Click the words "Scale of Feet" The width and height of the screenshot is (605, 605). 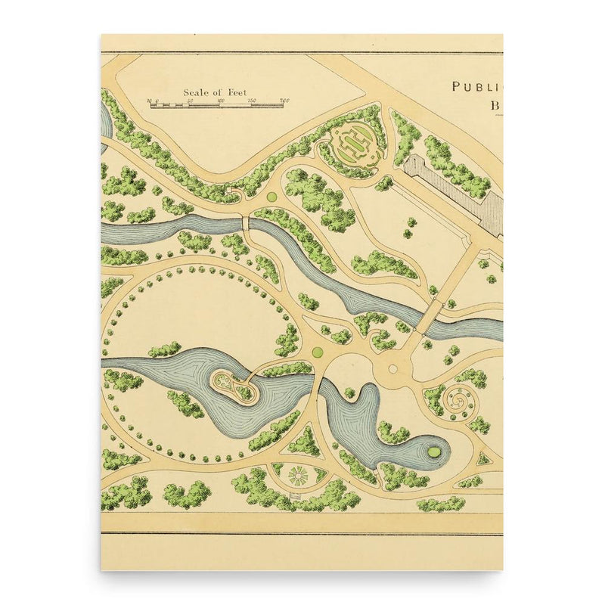click(215, 92)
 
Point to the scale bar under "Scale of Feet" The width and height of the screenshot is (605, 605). click(216, 105)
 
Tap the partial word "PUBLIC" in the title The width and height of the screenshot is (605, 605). click(476, 87)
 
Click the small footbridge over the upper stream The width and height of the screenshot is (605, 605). click(245, 223)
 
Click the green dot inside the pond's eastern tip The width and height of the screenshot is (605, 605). click(434, 451)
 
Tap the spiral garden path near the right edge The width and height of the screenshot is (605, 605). click(458, 399)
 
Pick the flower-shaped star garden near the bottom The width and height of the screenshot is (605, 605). click(298, 476)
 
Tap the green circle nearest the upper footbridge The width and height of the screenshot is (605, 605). click(271, 197)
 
